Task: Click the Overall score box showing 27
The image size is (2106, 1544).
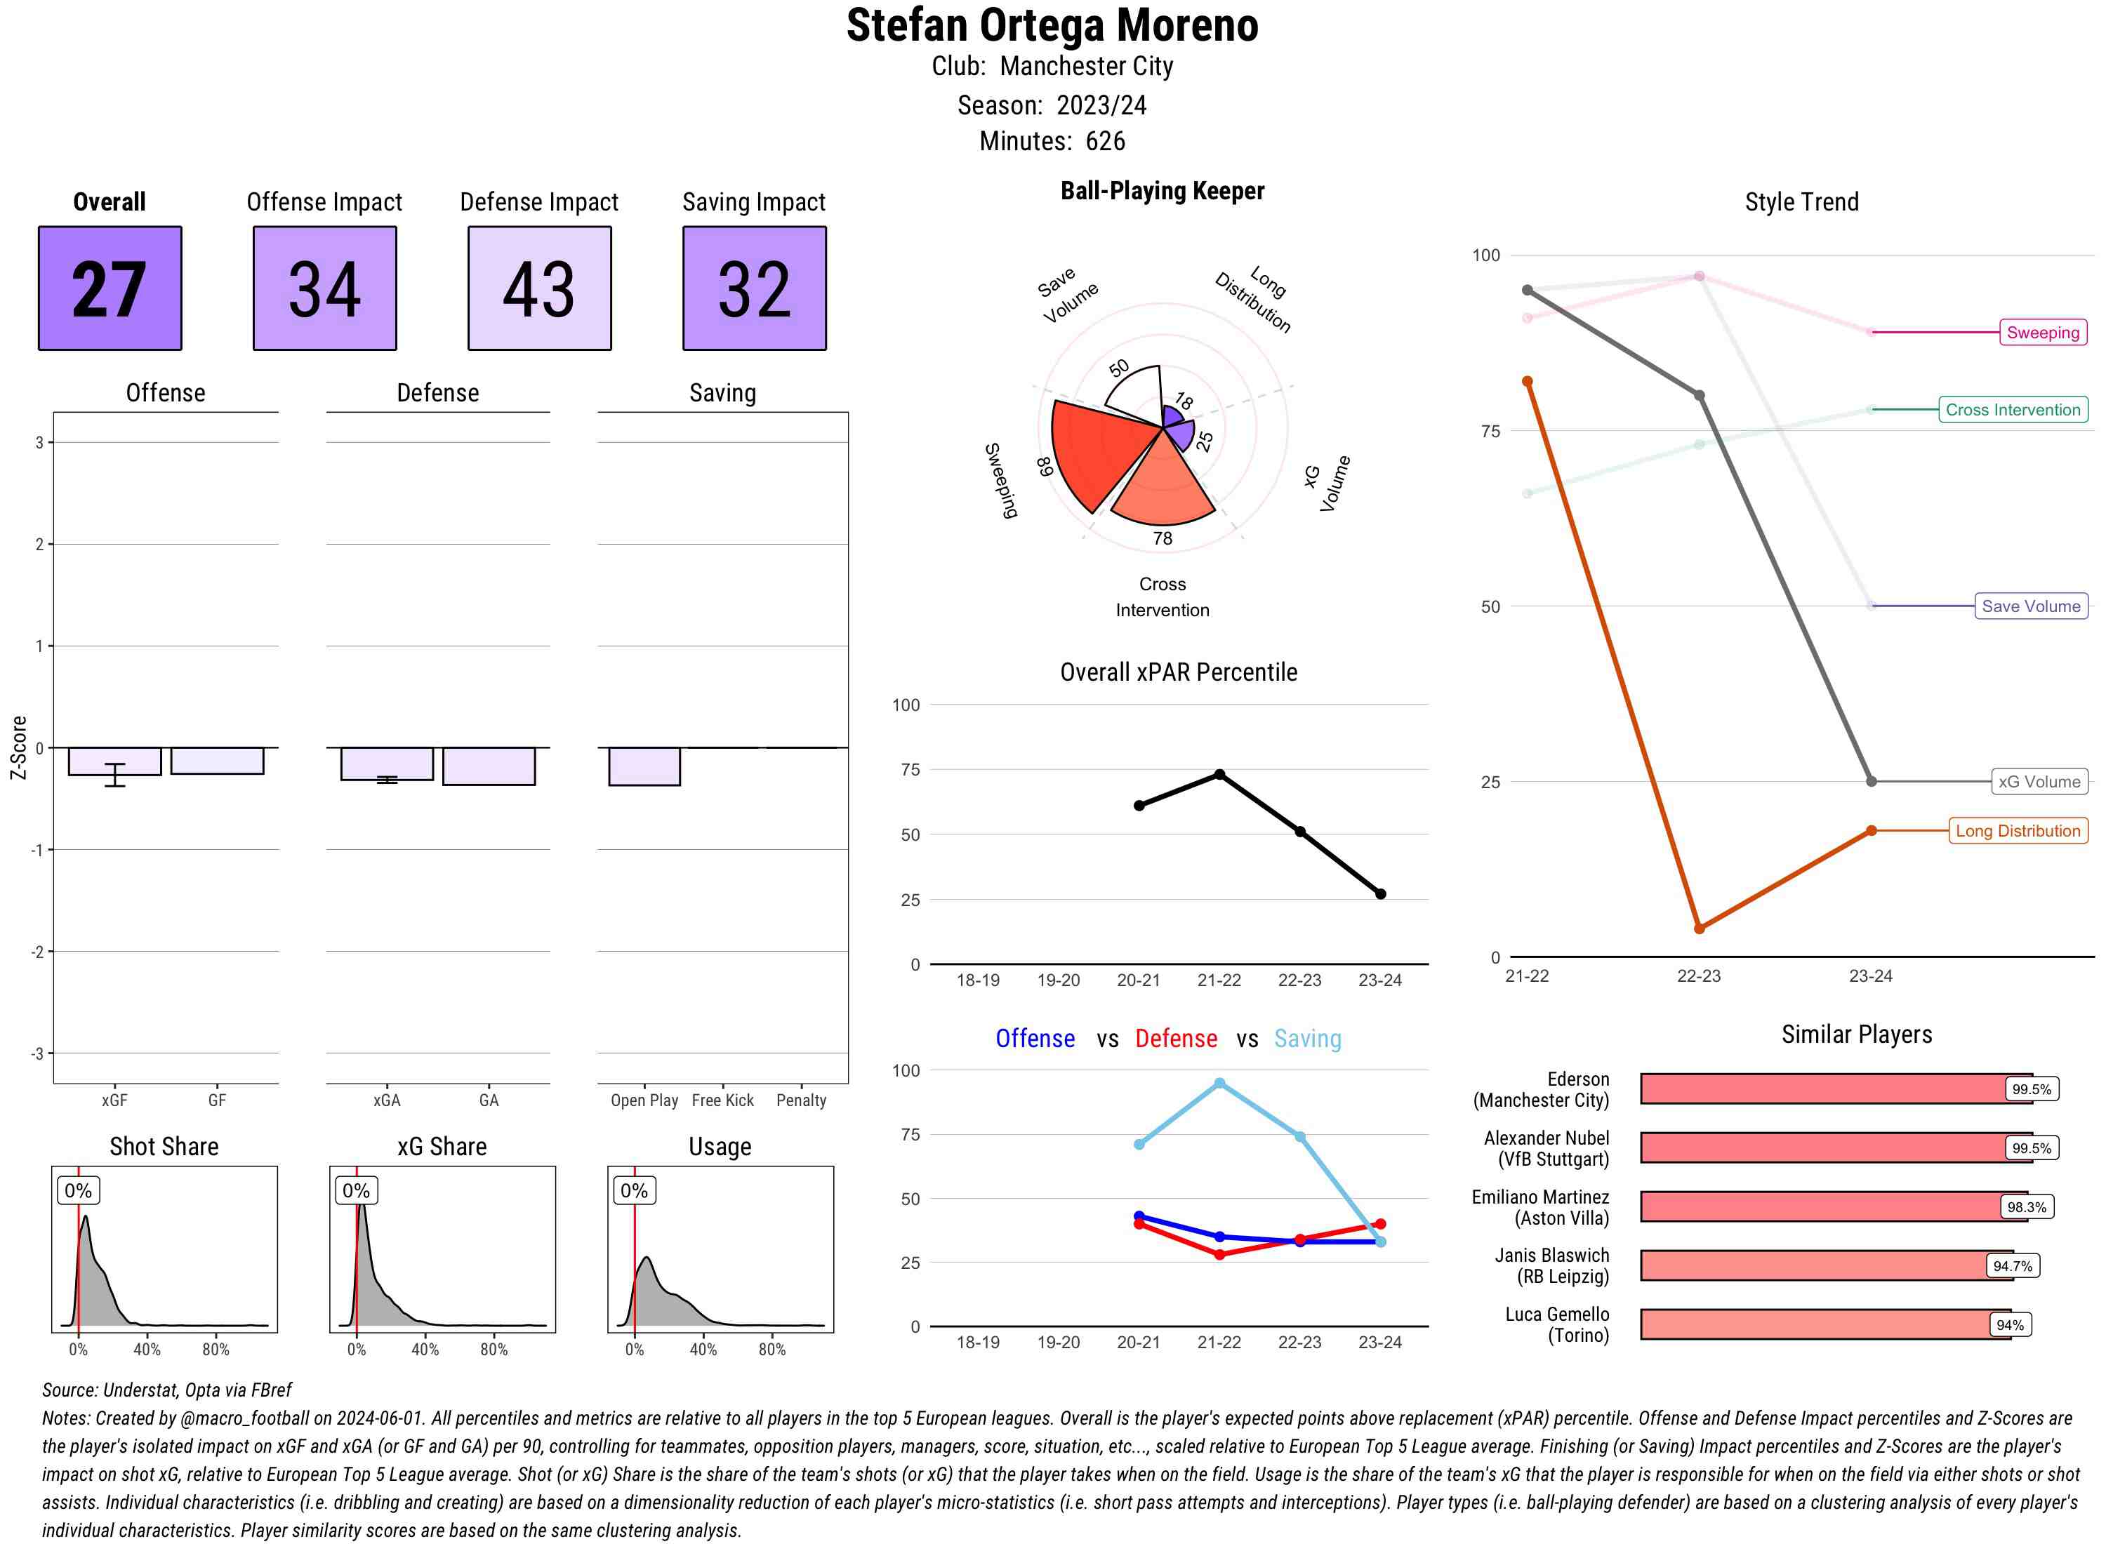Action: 110,288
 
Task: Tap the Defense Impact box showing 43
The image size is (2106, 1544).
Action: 539,288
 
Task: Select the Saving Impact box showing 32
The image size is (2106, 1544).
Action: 755,288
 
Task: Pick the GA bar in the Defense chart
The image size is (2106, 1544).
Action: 489,766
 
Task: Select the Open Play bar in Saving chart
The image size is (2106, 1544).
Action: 644,766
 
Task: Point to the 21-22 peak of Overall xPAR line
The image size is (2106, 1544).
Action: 1219,774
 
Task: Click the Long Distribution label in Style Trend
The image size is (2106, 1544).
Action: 2018,830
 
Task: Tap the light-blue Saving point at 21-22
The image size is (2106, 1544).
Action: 1219,1082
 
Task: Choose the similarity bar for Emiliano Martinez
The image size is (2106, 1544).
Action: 1832,1206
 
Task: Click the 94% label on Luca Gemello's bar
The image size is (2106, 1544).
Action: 2010,1324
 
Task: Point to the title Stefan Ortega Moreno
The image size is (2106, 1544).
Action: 1052,25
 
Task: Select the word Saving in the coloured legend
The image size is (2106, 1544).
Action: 1307,1039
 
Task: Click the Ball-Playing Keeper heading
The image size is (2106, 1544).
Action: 1162,191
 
